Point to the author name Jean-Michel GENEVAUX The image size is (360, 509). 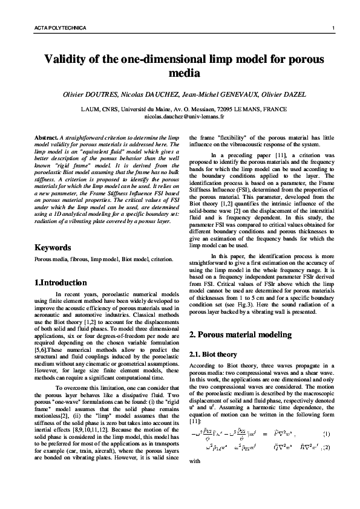pos(223,95)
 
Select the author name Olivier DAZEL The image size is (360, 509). pos(285,95)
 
